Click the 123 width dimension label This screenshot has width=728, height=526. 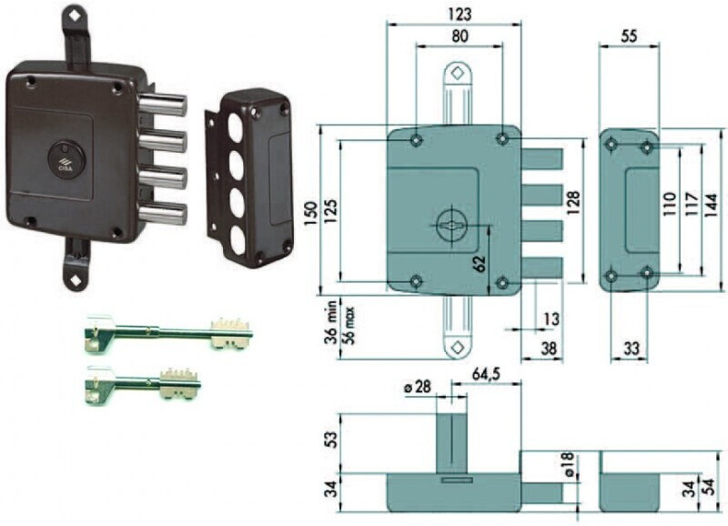(x=460, y=15)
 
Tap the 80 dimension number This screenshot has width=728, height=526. (x=460, y=36)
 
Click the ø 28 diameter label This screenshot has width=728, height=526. (x=418, y=386)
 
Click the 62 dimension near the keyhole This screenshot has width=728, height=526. (x=480, y=263)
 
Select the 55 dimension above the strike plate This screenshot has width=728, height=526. (x=629, y=36)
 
